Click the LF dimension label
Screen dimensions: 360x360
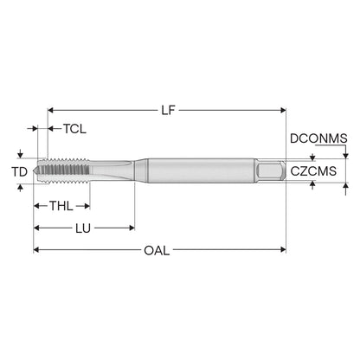pyautogui.click(x=169, y=110)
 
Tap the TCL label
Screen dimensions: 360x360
pyautogui.click(x=74, y=129)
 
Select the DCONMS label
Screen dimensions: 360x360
pyautogui.click(x=318, y=138)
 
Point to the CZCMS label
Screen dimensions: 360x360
pyautogui.click(x=313, y=171)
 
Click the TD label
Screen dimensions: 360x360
pyautogui.click(x=20, y=172)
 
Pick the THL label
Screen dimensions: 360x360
pyautogui.click(x=61, y=206)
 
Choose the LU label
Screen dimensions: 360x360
pyautogui.click(x=83, y=228)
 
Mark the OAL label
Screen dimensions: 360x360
pyautogui.click(x=157, y=250)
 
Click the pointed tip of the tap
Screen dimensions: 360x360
pyautogui.click(x=35, y=170)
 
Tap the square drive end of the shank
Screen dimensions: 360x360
pyautogui.click(x=271, y=170)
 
